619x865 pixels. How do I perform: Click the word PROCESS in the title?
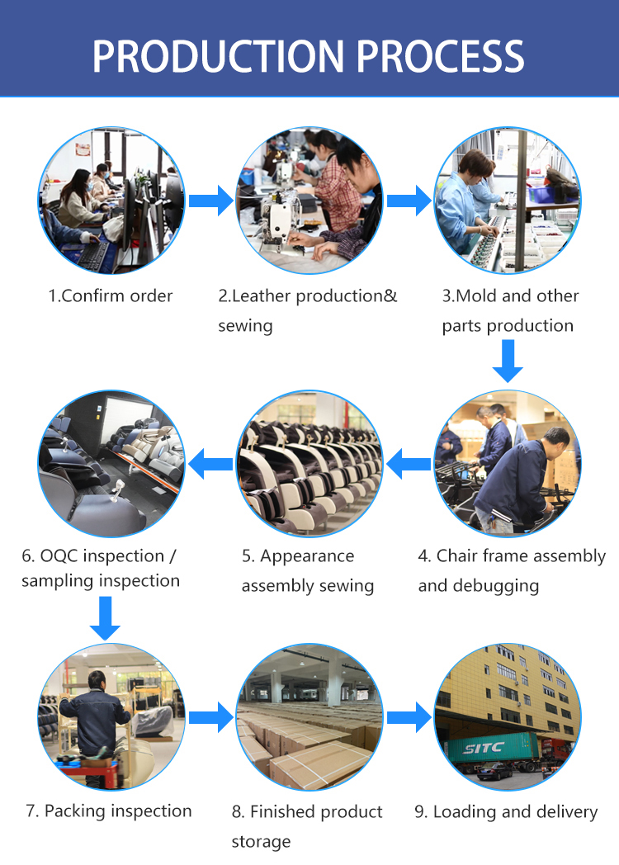point(442,55)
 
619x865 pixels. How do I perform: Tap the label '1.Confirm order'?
point(111,295)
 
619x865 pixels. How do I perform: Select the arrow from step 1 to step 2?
point(210,200)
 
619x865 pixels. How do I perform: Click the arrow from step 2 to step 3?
point(409,200)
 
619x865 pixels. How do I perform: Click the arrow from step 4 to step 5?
point(409,463)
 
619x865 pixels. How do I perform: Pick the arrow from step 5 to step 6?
point(210,463)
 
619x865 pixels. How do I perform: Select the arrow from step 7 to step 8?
point(210,716)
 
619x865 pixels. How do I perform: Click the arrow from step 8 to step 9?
point(409,716)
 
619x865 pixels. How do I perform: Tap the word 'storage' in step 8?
point(261,842)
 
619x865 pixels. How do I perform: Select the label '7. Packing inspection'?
point(109,811)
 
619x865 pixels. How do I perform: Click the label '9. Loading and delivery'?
point(506,812)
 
